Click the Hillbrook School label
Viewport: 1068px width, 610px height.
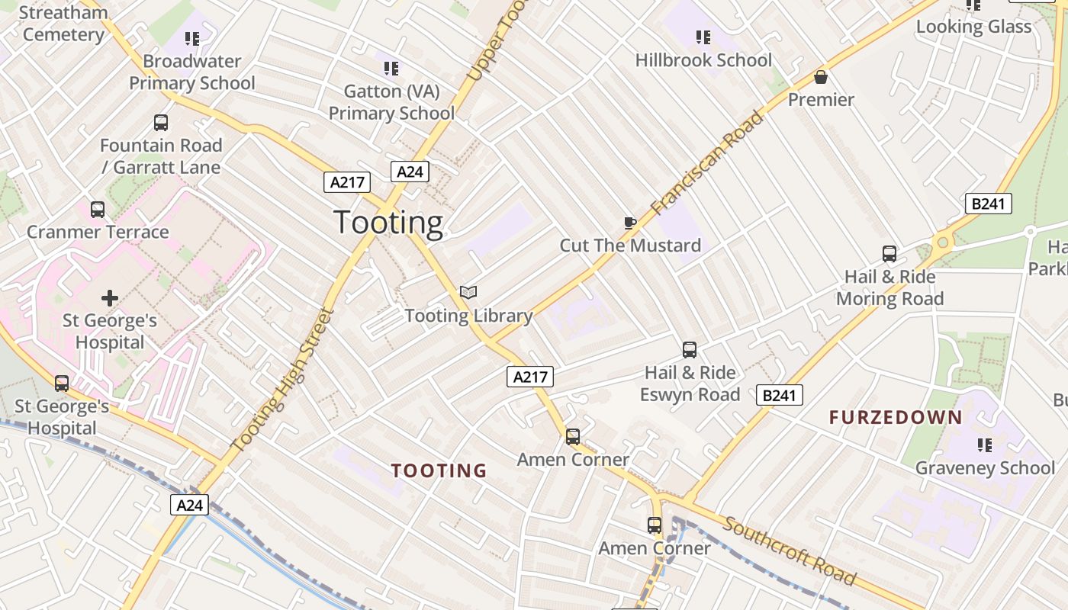(x=703, y=60)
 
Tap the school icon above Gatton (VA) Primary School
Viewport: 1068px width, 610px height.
(x=391, y=69)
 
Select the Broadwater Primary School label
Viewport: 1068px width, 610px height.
(x=191, y=72)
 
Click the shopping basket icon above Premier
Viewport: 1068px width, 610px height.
(x=821, y=78)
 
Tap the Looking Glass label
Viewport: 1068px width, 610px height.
(x=973, y=27)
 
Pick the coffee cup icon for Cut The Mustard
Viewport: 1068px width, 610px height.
(x=629, y=223)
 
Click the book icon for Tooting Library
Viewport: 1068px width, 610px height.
(x=468, y=293)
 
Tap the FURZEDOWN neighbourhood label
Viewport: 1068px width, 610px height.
(x=896, y=418)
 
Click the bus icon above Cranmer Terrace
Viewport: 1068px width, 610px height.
(x=98, y=210)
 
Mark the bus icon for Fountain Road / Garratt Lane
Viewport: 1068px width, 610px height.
(x=161, y=123)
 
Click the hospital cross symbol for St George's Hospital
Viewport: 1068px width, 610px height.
(x=110, y=298)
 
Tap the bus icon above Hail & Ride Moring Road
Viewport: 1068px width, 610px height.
(x=889, y=254)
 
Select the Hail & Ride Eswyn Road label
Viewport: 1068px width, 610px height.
(x=690, y=384)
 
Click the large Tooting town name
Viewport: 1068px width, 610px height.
(x=388, y=223)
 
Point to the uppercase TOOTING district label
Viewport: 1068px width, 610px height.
(x=439, y=471)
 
